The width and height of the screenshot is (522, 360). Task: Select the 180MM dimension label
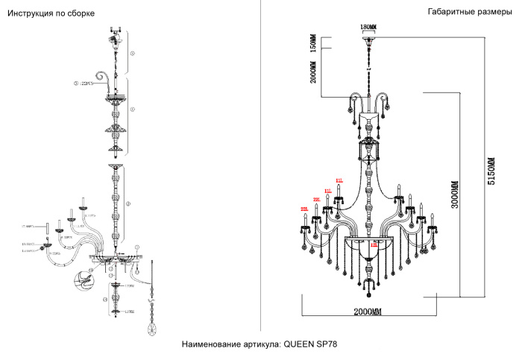pos(368,28)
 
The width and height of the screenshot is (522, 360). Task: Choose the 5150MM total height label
pos(491,172)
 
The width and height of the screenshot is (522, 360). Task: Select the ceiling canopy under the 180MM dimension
pos(368,37)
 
